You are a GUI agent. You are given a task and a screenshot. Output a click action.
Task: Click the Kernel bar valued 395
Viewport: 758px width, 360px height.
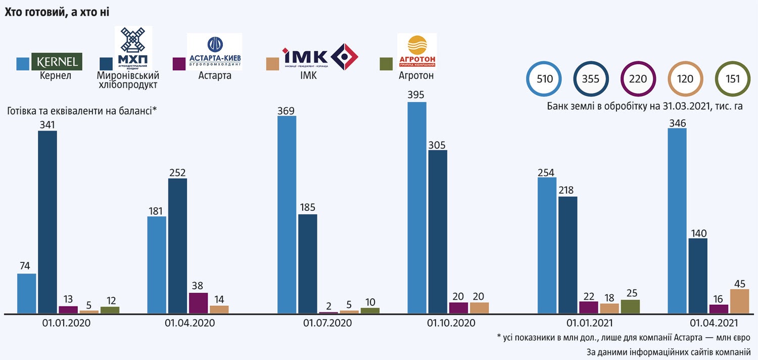point(417,208)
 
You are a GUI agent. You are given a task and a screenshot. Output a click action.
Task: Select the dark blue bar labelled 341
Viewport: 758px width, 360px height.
point(48,222)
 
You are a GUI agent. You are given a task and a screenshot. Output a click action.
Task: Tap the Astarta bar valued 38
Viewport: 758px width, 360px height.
point(198,303)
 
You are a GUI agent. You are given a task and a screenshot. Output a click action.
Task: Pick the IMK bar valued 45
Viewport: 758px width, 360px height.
point(739,301)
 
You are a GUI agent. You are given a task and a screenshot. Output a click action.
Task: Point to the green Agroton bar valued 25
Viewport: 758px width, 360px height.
point(630,307)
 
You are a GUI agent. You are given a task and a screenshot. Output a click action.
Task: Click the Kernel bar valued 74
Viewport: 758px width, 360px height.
point(26,294)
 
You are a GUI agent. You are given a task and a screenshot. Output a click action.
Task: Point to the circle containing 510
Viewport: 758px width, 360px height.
point(545,79)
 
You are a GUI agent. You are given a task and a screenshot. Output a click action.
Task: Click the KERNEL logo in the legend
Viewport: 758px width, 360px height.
point(57,61)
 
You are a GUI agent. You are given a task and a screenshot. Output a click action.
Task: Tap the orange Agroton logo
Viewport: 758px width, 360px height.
point(417,51)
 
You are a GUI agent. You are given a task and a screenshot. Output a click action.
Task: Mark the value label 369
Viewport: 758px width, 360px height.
point(287,110)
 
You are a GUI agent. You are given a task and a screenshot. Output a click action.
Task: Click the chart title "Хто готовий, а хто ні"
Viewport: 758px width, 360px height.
point(57,13)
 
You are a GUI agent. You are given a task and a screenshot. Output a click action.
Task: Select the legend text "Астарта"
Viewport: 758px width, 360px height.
point(214,75)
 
